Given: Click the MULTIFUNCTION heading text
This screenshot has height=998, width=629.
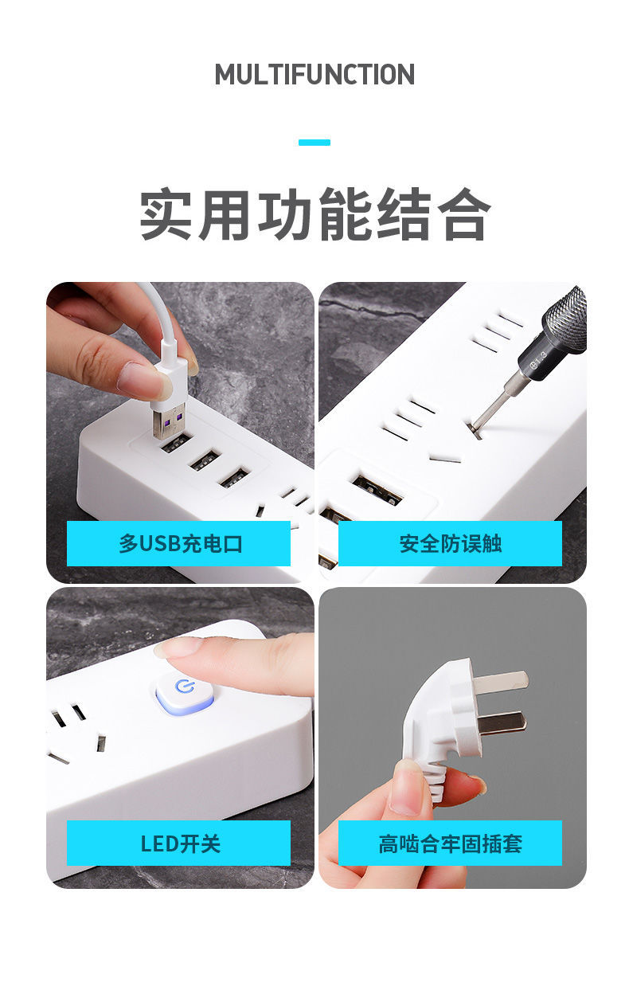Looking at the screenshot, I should (x=314, y=75).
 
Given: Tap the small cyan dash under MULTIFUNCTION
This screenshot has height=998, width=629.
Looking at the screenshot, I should (x=314, y=143).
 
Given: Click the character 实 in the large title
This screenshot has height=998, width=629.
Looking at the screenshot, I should (x=168, y=215).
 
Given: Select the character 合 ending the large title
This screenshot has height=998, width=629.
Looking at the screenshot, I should (x=464, y=215).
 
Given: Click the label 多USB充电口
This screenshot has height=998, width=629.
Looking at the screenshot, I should (x=179, y=544).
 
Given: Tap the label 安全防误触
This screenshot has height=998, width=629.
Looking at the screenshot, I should (x=450, y=544).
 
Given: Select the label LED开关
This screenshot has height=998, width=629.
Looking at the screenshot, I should (x=179, y=843).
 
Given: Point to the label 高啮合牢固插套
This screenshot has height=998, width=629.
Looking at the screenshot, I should (x=450, y=843).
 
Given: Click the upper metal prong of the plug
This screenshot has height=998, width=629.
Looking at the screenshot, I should (x=501, y=682).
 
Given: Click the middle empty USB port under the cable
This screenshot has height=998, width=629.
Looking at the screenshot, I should (x=204, y=460).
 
